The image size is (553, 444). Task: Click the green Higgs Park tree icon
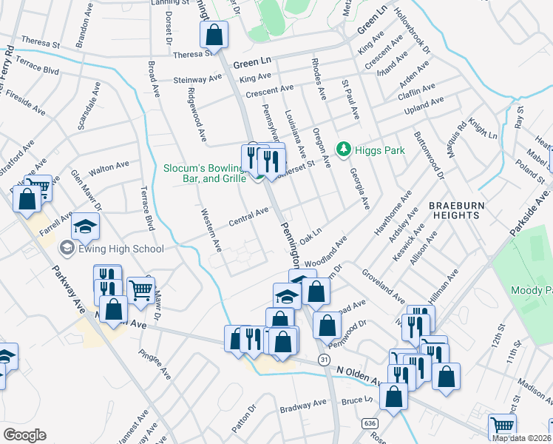click(x=343, y=150)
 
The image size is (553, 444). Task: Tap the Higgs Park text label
click(x=379, y=150)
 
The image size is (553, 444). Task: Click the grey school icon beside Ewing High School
click(x=67, y=248)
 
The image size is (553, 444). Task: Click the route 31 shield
click(x=324, y=359)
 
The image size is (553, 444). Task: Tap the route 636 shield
click(x=367, y=423)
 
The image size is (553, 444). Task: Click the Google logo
click(x=24, y=435)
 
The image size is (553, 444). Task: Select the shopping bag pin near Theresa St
click(x=214, y=34)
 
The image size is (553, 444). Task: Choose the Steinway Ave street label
click(x=197, y=78)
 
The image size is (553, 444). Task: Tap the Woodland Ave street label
click(x=325, y=252)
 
